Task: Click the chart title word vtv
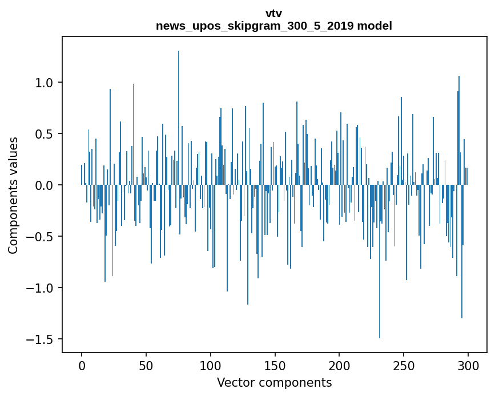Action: (x=273, y=13)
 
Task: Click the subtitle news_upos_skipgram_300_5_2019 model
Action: (x=273, y=26)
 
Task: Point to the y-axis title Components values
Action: (x=13, y=195)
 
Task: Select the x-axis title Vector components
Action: (x=274, y=382)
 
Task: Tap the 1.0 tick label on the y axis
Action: (x=45, y=83)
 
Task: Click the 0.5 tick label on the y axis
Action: (x=45, y=134)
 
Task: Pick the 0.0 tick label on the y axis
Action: (x=45, y=185)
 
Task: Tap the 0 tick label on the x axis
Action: (x=82, y=365)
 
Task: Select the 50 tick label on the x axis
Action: (x=146, y=365)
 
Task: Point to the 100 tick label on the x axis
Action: (x=211, y=365)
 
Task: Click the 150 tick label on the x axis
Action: (x=275, y=365)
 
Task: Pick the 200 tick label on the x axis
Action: (x=340, y=365)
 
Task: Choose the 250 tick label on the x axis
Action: (x=404, y=365)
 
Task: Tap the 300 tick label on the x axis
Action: (x=468, y=365)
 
